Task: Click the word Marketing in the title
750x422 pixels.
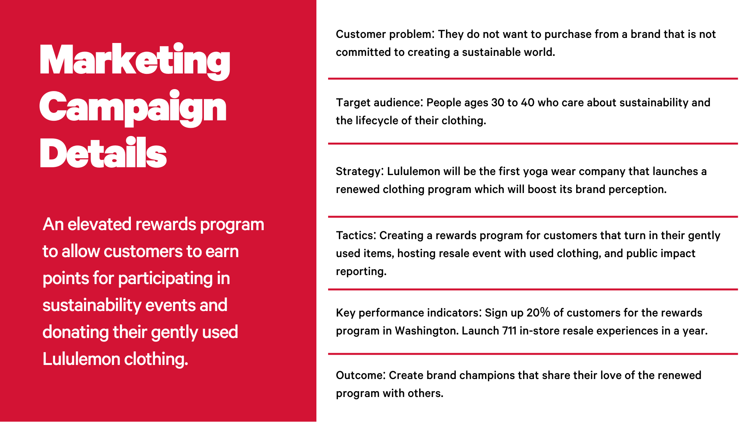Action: (x=135, y=61)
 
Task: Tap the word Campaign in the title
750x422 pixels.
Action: (x=133, y=108)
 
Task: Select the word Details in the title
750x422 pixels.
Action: (x=103, y=153)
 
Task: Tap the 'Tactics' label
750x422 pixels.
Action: (x=355, y=235)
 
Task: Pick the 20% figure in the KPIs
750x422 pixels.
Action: (x=538, y=313)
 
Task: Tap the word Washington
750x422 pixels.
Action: (x=427, y=331)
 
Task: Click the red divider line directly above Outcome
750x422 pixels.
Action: (x=533, y=354)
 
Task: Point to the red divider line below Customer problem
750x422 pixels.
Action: (x=533, y=79)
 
